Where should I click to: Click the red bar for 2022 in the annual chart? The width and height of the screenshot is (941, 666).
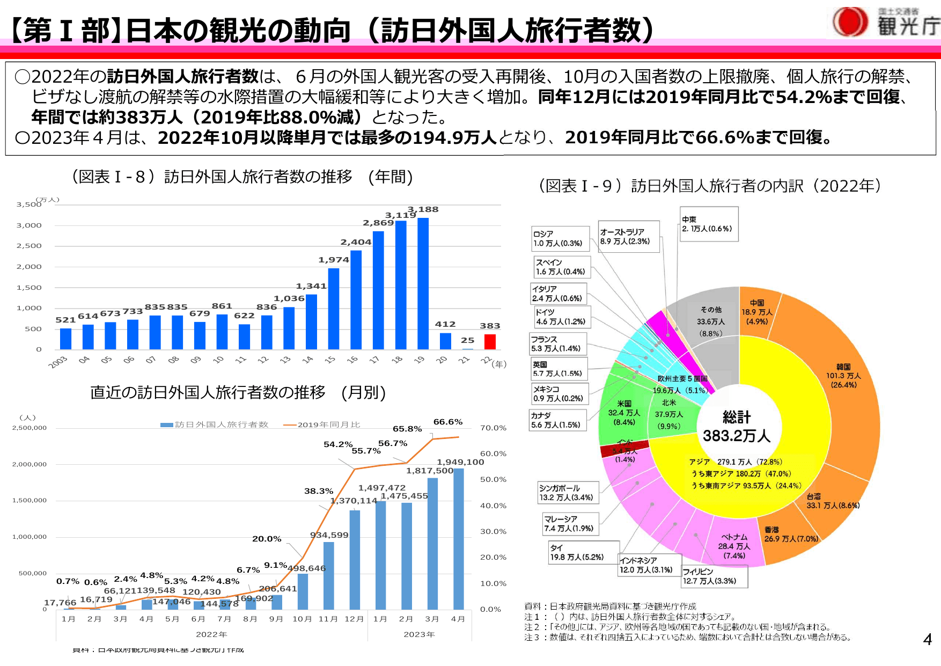click(x=489, y=342)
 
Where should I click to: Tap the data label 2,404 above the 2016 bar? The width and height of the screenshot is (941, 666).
click(x=355, y=242)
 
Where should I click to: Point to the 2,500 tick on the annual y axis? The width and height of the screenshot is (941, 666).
click(x=29, y=246)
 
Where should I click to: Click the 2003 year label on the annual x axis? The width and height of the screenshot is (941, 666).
click(x=58, y=362)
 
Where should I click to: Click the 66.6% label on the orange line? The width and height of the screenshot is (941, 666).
click(x=447, y=422)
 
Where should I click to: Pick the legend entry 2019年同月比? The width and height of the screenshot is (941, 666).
click(x=322, y=425)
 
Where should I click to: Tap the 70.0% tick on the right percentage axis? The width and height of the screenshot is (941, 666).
click(x=493, y=428)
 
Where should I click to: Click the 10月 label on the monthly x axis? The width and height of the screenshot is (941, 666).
click(x=302, y=619)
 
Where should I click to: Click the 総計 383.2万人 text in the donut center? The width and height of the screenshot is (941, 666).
click(x=737, y=427)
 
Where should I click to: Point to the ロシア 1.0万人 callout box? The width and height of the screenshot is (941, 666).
click(x=560, y=239)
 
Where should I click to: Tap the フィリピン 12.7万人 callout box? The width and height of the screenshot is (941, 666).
click(x=714, y=576)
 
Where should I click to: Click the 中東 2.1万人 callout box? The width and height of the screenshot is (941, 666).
click(x=709, y=224)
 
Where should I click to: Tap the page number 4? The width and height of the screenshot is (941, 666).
click(x=927, y=639)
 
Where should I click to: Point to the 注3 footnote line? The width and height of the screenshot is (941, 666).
click(x=687, y=637)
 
